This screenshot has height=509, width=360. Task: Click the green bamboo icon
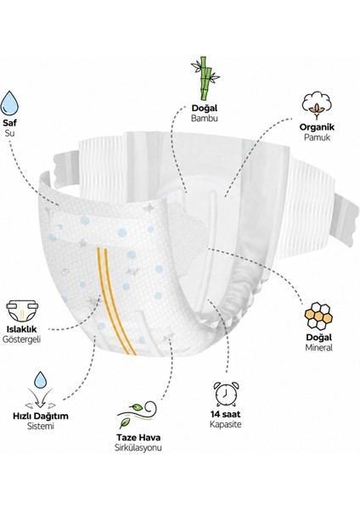205,78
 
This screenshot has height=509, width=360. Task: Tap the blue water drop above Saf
9,103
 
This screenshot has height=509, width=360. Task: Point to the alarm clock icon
226,394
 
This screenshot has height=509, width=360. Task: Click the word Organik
317,127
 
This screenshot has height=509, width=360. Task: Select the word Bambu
205,118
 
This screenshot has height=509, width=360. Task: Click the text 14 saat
226,414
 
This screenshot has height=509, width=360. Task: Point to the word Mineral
318,348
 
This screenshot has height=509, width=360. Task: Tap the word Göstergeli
21,339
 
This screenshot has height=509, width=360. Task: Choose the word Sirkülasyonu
138,448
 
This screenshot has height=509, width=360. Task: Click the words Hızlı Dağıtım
41,416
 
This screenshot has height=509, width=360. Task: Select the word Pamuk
317,137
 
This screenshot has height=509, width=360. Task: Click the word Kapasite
226,424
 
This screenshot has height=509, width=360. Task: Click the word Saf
9,123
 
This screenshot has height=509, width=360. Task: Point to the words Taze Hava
138,437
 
